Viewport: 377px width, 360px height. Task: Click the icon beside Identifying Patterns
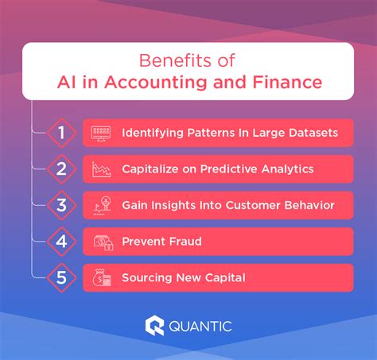coord(102,132)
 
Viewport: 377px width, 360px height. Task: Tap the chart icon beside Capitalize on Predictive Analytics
coord(102,168)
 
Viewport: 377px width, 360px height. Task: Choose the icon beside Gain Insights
coord(102,205)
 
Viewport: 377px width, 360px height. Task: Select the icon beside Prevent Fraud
coord(102,242)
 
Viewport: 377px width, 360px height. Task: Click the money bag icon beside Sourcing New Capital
coord(102,278)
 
